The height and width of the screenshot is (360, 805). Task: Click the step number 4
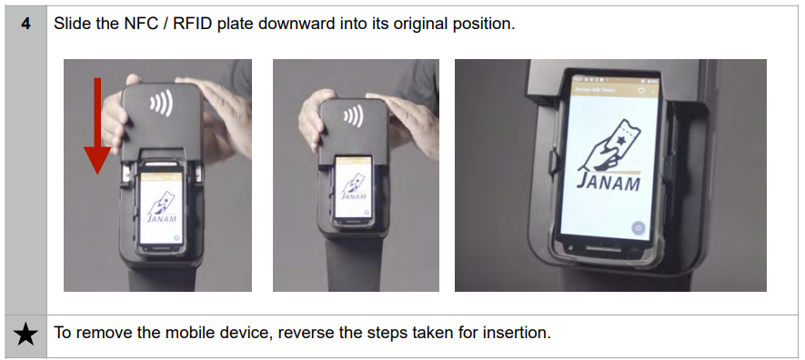pyautogui.click(x=25, y=25)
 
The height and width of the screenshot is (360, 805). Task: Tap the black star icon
pyautogui.click(x=25, y=335)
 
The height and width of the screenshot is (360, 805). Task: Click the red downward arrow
pyautogui.click(x=97, y=125)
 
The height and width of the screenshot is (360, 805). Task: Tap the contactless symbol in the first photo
pyautogui.click(x=161, y=104)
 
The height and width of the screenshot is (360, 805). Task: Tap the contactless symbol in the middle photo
pyautogui.click(x=353, y=115)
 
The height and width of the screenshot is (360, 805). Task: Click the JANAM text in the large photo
pyautogui.click(x=609, y=181)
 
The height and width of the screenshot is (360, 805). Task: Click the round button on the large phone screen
pyautogui.click(x=639, y=227)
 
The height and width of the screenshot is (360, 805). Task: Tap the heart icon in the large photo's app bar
pyautogui.click(x=642, y=91)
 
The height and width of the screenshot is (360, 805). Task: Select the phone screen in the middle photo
pyautogui.click(x=353, y=187)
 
